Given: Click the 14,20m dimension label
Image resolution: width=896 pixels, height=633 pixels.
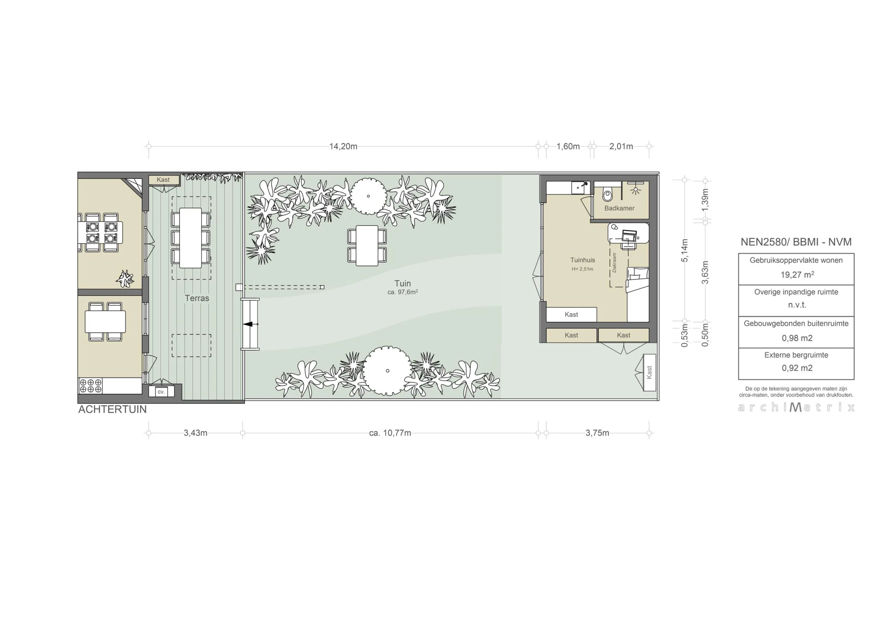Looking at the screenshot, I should pyautogui.click(x=343, y=146).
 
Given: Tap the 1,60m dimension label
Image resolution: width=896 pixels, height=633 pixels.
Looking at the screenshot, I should pyautogui.click(x=568, y=146).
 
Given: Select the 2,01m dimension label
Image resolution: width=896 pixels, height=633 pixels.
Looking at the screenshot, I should pyautogui.click(x=621, y=146).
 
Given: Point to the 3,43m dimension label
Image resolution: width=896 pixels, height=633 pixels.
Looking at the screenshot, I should pyautogui.click(x=196, y=433).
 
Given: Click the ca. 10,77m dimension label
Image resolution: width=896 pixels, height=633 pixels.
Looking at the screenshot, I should pyautogui.click(x=390, y=433).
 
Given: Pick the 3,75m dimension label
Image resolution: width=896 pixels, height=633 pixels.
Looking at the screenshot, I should pyautogui.click(x=597, y=433).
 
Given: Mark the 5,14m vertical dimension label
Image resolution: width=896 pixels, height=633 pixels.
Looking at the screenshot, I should pyautogui.click(x=685, y=250).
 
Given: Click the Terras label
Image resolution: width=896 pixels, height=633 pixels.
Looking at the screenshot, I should pyautogui.click(x=197, y=298).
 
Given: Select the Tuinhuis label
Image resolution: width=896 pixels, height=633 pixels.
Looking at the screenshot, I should pyautogui.click(x=582, y=260).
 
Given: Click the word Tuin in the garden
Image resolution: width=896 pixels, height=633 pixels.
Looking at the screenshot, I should pyautogui.click(x=402, y=284).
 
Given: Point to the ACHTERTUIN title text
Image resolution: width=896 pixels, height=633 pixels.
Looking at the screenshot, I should pyautogui.click(x=112, y=409).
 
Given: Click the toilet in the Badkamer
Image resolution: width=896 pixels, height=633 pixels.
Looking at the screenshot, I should pyautogui.click(x=607, y=194).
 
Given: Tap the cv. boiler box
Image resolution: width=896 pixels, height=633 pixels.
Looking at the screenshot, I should pyautogui.click(x=161, y=392).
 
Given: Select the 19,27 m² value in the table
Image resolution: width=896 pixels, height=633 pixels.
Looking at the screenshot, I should pyautogui.click(x=797, y=275).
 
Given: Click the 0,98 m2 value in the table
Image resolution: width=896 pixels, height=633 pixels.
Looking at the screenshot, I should pyautogui.click(x=797, y=338).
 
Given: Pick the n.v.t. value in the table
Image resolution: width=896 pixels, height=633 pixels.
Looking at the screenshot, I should pyautogui.click(x=797, y=305).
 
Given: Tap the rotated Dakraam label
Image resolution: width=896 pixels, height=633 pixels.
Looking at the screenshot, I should pyautogui.click(x=614, y=263).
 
